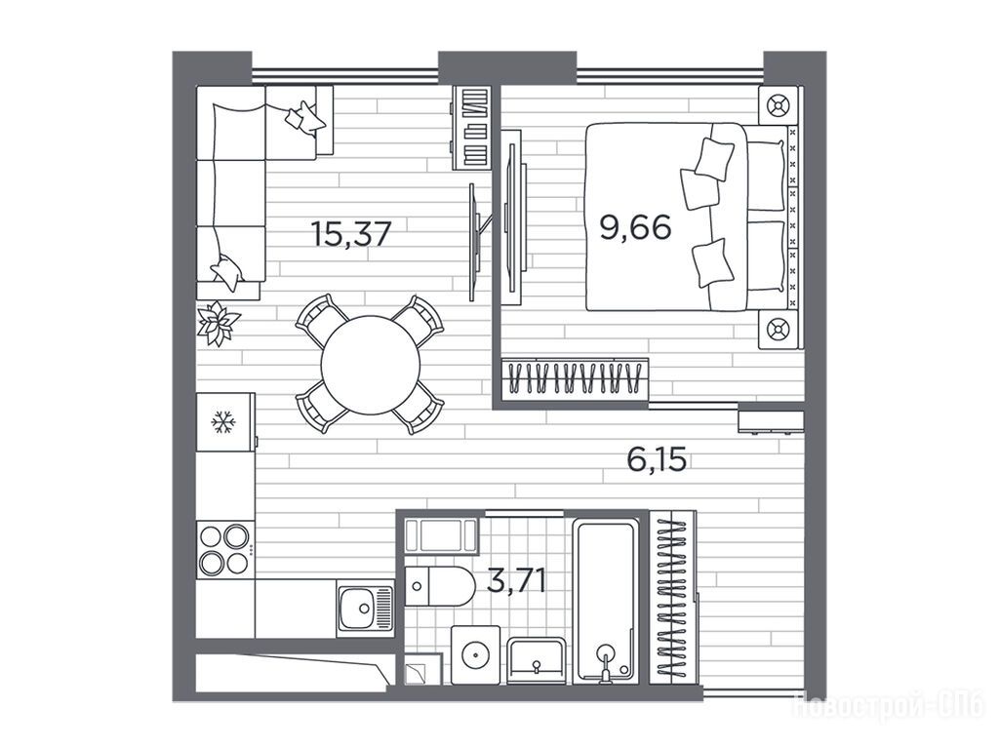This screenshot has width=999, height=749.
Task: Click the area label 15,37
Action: (350, 233)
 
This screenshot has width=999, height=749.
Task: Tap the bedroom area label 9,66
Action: (636, 226)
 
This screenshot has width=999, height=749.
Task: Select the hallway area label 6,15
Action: (657, 458)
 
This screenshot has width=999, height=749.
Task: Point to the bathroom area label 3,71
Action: (516, 581)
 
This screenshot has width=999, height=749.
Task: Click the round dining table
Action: (370, 365)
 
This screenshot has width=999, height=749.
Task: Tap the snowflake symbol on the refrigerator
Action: (223, 421)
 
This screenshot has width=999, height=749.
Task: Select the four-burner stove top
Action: (224, 550)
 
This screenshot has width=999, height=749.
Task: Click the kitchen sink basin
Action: (365, 609)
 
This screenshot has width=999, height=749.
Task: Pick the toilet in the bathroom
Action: (440, 586)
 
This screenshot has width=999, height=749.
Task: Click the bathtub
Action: (605, 600)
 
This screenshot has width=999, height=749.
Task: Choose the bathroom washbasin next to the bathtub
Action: (537, 660)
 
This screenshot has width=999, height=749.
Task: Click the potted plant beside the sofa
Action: (218, 324)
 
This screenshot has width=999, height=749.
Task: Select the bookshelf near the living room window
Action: (472, 128)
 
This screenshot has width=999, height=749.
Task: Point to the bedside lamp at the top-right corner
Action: (778, 104)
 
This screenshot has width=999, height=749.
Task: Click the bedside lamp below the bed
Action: (778, 330)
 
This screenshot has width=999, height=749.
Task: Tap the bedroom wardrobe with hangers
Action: (575, 378)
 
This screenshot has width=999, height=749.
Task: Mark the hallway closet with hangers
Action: (672, 598)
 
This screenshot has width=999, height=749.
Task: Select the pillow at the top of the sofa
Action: (304, 118)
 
